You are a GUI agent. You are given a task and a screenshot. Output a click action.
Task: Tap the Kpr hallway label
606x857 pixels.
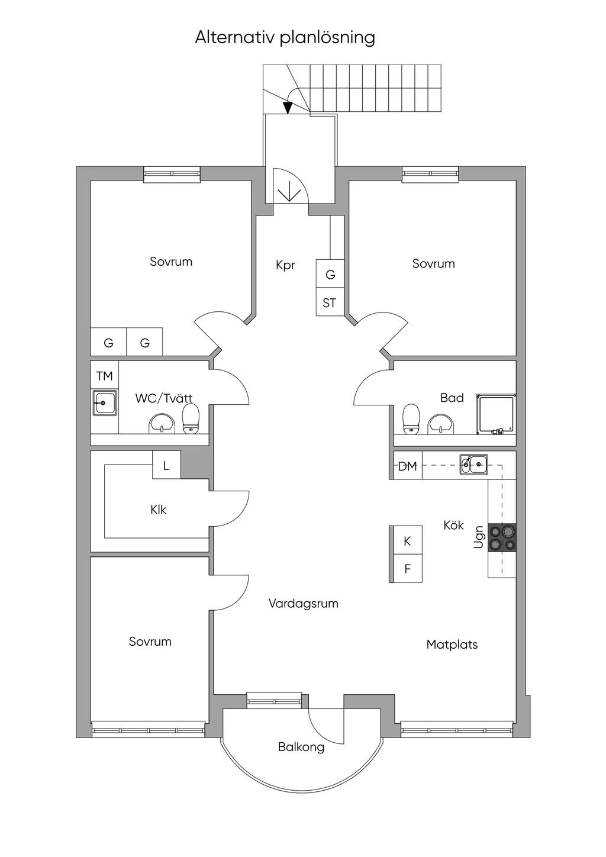(285, 266)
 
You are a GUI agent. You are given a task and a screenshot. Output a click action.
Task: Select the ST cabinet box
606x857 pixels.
(330, 302)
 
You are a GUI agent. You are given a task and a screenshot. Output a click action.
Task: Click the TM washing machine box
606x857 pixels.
(104, 375)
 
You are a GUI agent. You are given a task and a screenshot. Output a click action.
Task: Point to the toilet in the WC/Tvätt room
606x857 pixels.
(191, 418)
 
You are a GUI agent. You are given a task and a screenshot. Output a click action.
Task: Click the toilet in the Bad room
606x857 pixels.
(411, 419)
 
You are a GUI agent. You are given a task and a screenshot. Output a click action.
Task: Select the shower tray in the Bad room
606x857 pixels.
(495, 415)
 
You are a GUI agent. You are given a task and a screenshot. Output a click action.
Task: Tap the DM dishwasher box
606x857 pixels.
(408, 466)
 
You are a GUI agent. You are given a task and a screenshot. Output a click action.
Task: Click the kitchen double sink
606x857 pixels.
(473, 465)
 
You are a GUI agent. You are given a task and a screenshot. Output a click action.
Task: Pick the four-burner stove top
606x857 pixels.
(502, 537)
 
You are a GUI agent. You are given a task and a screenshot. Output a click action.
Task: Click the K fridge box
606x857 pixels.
(407, 540)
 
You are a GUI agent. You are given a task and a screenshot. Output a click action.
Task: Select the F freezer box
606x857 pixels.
(407, 569)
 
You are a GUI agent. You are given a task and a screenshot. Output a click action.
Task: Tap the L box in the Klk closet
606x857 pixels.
(166, 465)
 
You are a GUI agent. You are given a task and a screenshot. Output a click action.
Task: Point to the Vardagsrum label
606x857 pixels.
(304, 603)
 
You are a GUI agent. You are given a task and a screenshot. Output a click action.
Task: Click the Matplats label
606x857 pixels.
(452, 645)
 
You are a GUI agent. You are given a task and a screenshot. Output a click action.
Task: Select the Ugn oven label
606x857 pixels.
(479, 537)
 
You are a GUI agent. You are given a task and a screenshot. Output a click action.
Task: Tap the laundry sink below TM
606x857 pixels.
(104, 403)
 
